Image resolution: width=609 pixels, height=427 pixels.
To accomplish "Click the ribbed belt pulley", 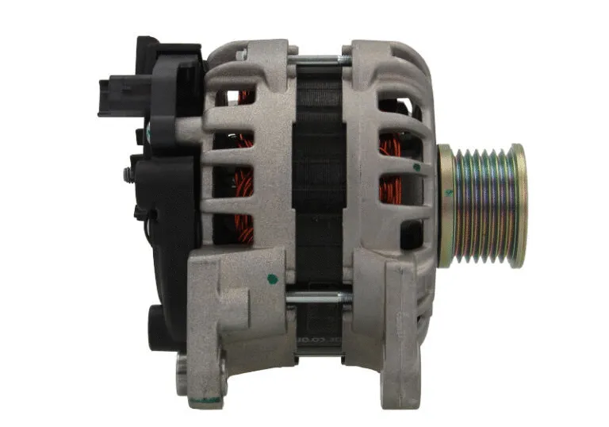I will (x=482, y=205).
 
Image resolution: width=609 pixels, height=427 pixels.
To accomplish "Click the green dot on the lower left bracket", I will (x=274, y=279).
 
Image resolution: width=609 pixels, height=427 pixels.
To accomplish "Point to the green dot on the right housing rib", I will (x=416, y=167).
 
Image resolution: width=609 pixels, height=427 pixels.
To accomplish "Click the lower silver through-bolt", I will (x=317, y=298).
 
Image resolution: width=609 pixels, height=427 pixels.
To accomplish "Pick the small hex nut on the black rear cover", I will (x=127, y=174).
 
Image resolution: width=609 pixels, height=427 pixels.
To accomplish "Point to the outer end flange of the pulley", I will (x=519, y=205).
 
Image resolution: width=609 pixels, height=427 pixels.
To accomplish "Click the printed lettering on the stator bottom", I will (x=317, y=340).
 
